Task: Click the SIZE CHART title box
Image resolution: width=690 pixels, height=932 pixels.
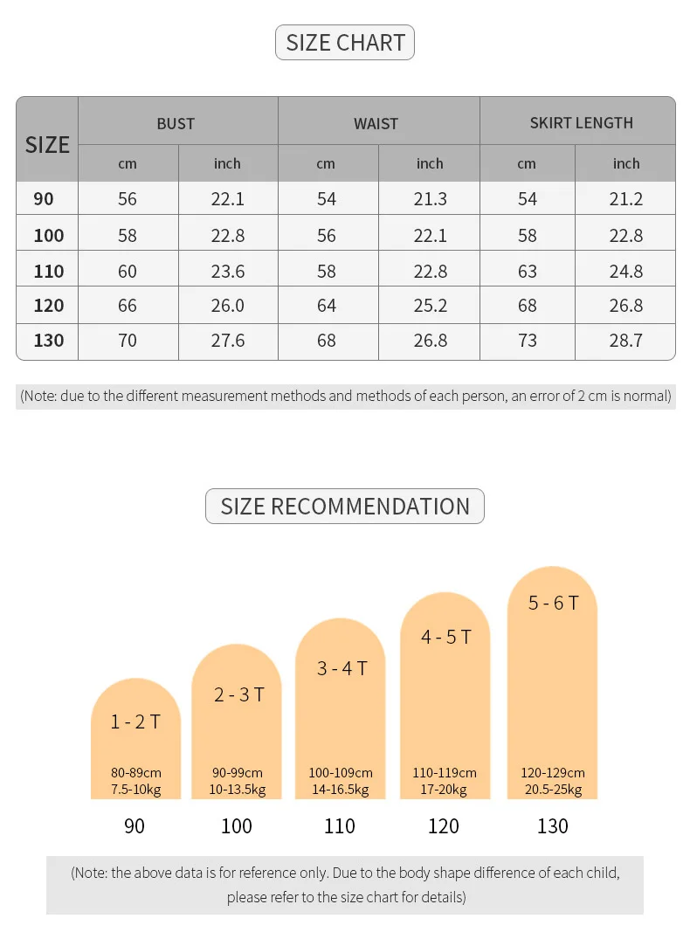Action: [x=345, y=42]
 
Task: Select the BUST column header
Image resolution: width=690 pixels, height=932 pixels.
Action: [x=176, y=124]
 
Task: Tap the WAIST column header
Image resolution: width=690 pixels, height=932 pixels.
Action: [x=376, y=124]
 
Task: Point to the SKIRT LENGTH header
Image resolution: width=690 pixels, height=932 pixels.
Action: [x=581, y=123]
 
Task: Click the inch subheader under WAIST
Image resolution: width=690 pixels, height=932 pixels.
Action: [x=430, y=163]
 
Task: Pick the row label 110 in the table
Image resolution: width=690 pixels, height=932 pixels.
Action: [x=49, y=271]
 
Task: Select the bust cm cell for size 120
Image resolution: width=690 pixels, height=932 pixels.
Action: [x=128, y=306]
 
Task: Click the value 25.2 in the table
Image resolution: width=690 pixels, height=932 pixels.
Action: [x=431, y=306]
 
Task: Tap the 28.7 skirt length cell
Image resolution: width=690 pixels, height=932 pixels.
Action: [x=626, y=341]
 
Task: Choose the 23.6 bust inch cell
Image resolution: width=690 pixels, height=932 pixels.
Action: [x=228, y=271]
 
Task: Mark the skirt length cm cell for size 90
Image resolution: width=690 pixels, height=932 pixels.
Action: [x=528, y=198]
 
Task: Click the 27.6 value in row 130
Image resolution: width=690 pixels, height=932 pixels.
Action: [x=228, y=341]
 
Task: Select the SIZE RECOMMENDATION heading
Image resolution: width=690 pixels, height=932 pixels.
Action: [x=345, y=507]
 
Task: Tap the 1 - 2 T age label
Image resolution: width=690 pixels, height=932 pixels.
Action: [x=135, y=721]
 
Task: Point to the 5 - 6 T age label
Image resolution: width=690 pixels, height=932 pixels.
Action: [x=553, y=603]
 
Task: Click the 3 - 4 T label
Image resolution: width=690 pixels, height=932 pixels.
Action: [x=342, y=668]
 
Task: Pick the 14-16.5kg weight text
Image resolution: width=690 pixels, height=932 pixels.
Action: [x=341, y=790]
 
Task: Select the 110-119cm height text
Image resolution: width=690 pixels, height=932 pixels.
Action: [x=445, y=773]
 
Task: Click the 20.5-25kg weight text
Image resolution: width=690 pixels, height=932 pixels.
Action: [x=553, y=790]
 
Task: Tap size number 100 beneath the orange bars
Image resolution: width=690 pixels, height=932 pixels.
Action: [x=237, y=825]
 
